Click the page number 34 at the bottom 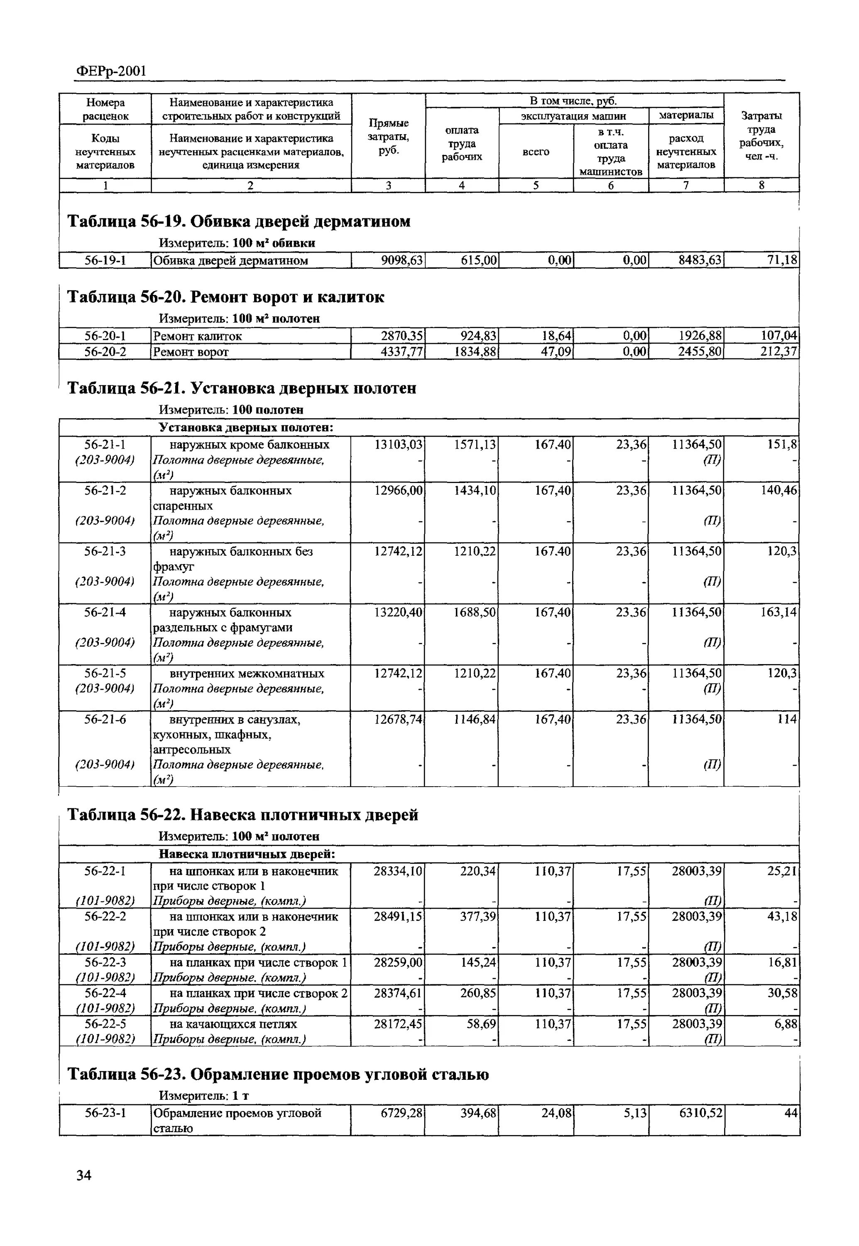(x=84, y=1175)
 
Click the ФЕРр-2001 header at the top (x=110, y=71)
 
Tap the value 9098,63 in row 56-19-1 (x=401, y=260)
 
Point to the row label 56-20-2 (x=105, y=352)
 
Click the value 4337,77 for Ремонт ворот (x=401, y=352)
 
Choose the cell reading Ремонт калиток (x=198, y=336)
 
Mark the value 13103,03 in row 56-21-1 (x=399, y=445)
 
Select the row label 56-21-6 (x=105, y=719)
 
